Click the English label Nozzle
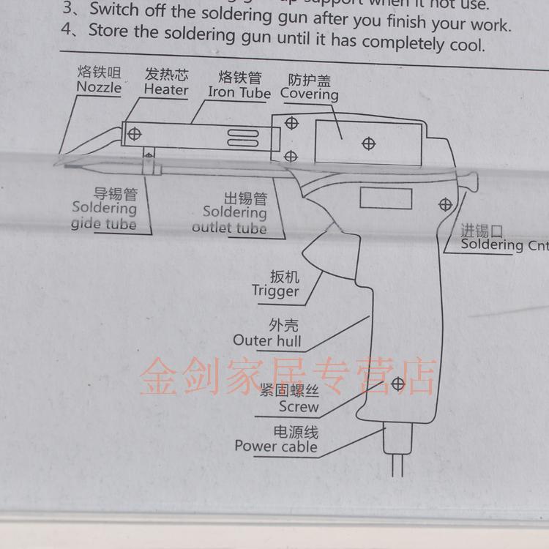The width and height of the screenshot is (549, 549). (x=99, y=87)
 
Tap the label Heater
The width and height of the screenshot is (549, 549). (x=165, y=89)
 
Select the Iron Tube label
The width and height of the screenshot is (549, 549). (x=239, y=93)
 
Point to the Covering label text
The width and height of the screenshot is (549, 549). (x=309, y=94)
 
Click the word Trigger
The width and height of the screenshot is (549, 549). (x=275, y=291)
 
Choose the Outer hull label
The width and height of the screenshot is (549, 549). (x=266, y=340)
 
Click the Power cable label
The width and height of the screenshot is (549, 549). (x=276, y=446)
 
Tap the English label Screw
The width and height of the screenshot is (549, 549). (x=299, y=407)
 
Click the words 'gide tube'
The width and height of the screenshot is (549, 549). (x=103, y=223)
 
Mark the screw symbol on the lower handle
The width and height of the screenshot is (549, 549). (x=398, y=383)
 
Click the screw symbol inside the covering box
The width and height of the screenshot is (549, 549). (x=369, y=144)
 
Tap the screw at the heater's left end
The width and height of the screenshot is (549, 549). (x=134, y=134)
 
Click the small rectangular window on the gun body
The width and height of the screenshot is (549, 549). (x=386, y=198)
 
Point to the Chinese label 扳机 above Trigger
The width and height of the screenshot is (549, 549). (x=284, y=276)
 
